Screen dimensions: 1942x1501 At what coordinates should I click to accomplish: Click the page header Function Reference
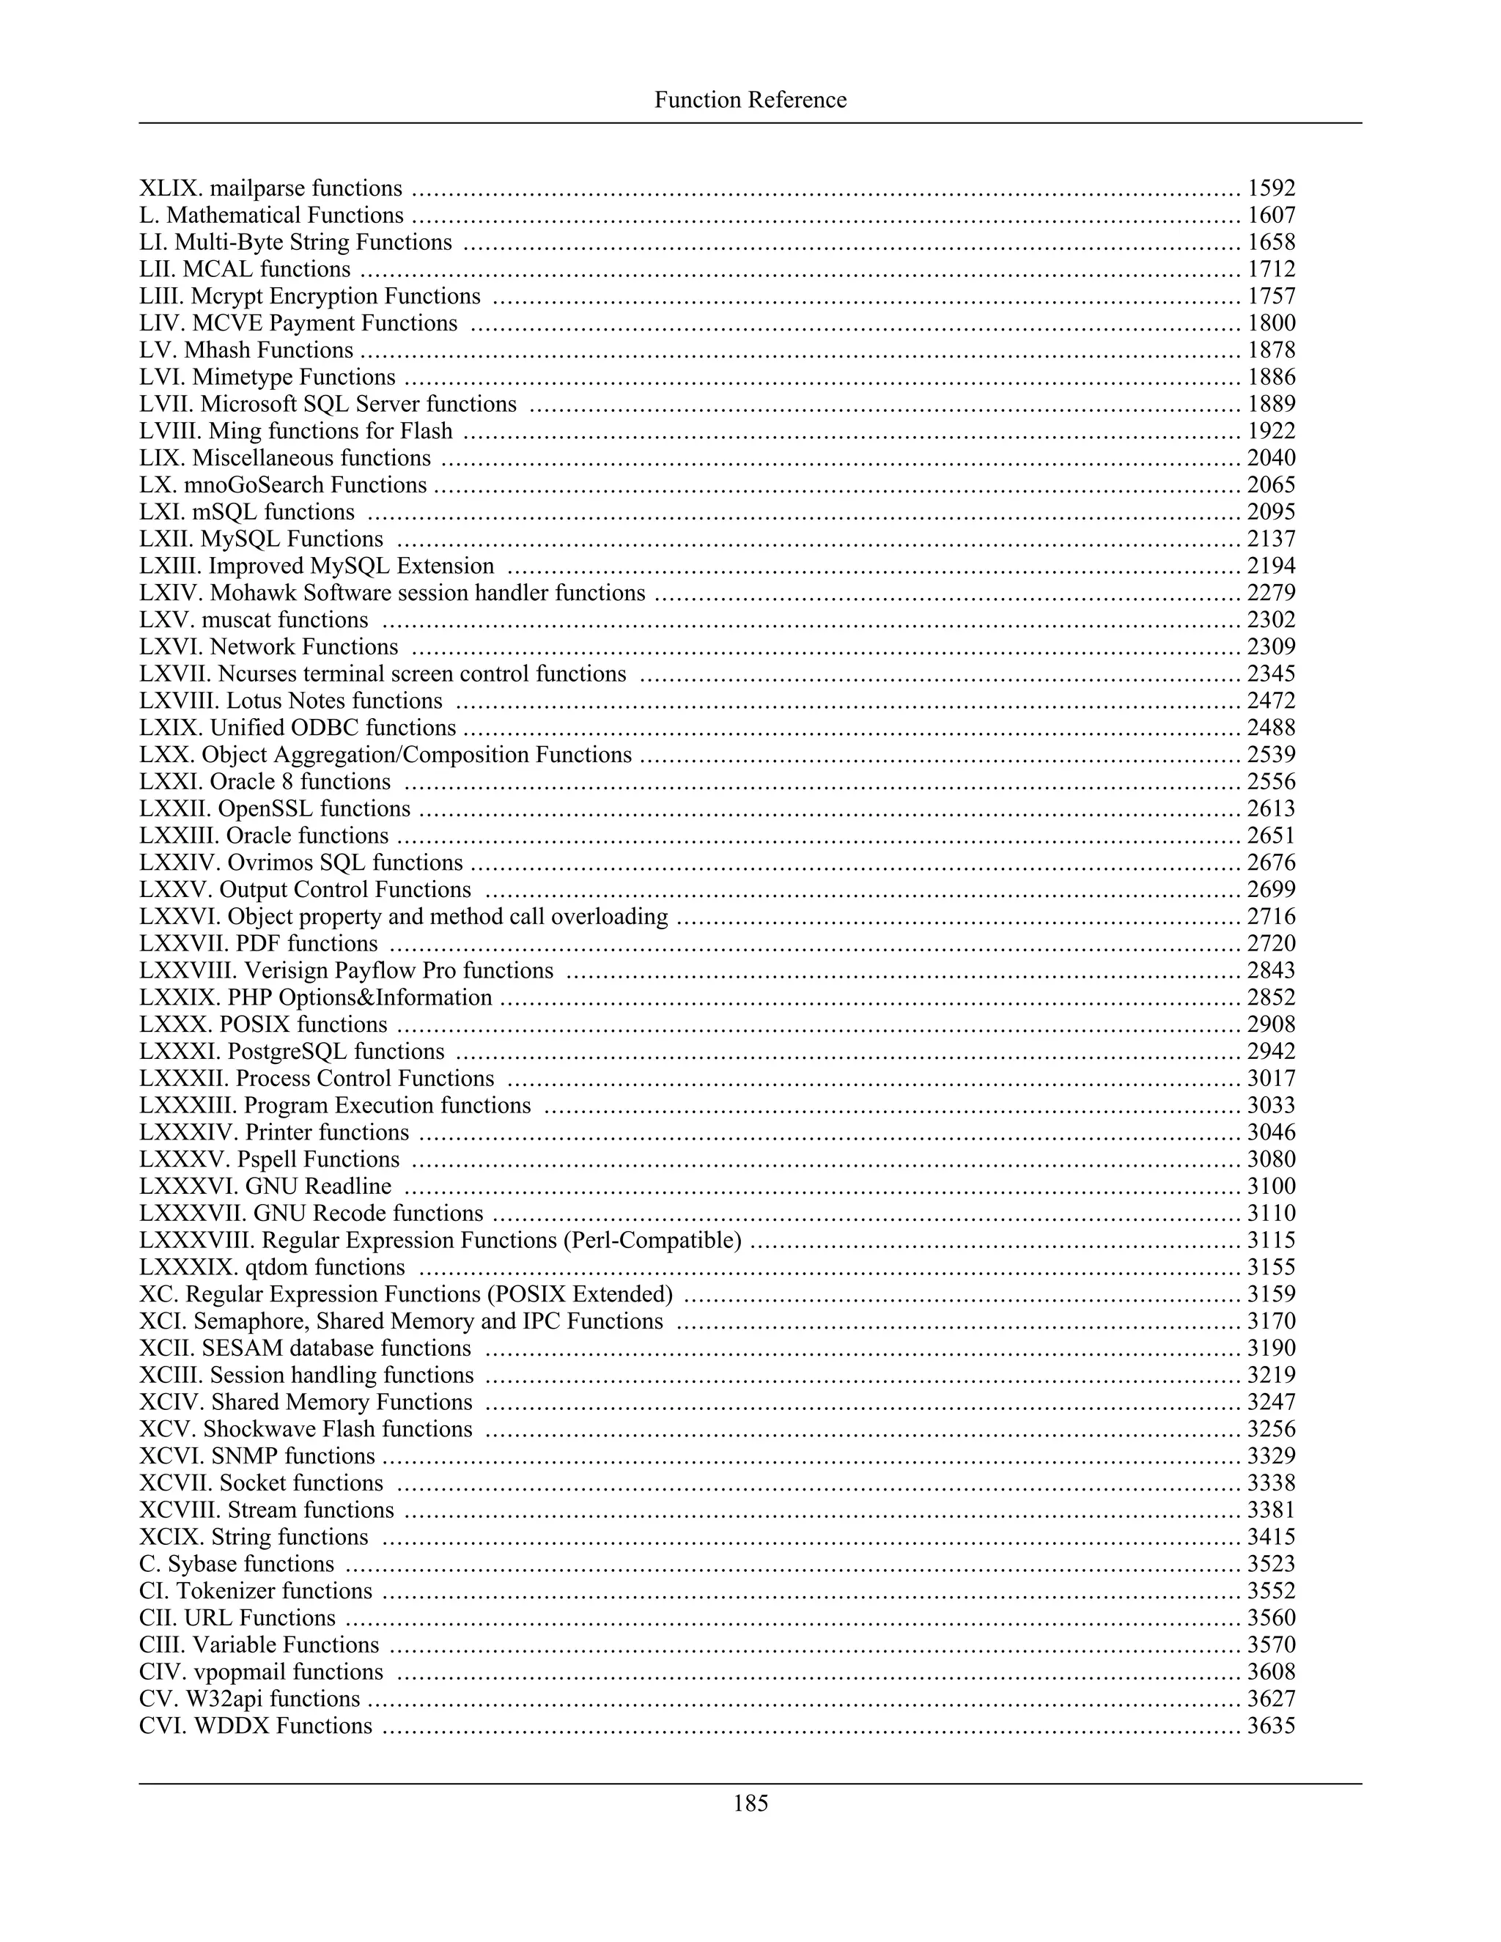point(750,100)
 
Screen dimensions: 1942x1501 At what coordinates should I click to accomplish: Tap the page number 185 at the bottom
point(750,1803)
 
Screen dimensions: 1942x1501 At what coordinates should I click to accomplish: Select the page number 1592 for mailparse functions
point(1271,188)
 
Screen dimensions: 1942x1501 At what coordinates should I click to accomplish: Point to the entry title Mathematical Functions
point(284,216)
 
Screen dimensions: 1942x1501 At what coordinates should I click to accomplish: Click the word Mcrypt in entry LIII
point(246,296)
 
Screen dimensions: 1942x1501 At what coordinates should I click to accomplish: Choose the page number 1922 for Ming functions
point(1271,431)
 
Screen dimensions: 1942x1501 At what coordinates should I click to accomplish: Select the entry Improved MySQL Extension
point(351,566)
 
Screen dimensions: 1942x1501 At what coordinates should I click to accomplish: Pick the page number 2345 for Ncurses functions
point(1271,674)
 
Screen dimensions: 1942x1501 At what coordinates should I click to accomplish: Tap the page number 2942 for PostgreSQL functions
point(1271,1052)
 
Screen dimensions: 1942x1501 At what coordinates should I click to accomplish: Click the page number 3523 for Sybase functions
point(1271,1564)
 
